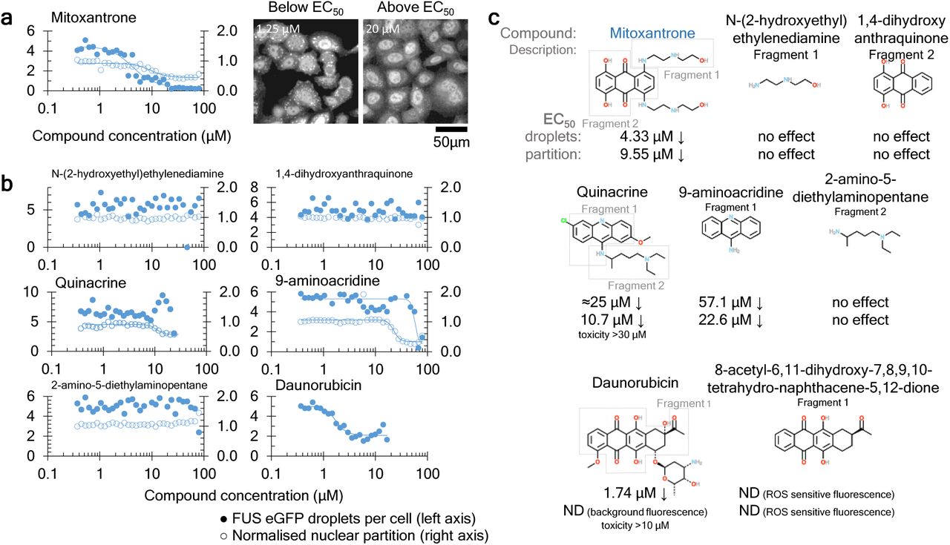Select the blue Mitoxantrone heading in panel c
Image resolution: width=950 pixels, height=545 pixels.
(x=650, y=33)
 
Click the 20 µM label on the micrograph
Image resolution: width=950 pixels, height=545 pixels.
(x=382, y=30)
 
